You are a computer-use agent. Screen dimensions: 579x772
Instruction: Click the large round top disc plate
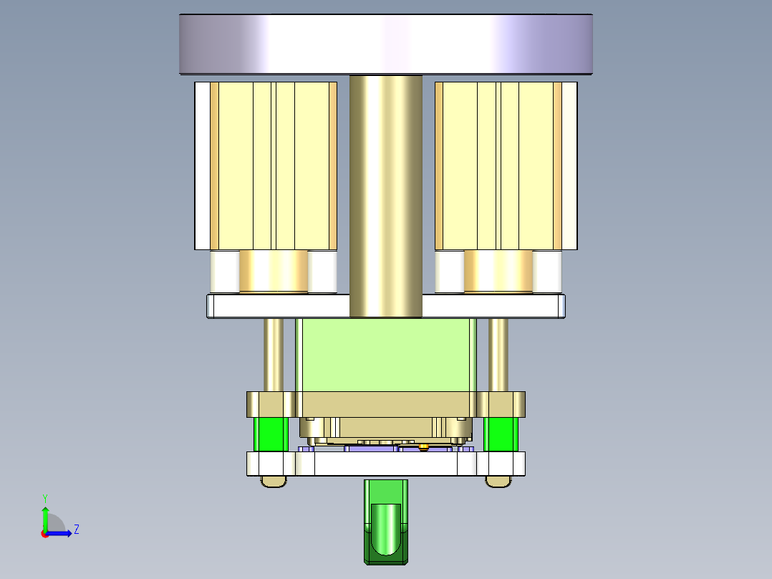[385, 44]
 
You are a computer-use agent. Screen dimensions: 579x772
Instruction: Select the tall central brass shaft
[385, 193]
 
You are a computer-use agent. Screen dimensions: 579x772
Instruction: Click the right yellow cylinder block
[498, 165]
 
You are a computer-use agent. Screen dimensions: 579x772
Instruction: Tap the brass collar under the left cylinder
[273, 271]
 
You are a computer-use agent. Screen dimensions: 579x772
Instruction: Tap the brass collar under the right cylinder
[498, 271]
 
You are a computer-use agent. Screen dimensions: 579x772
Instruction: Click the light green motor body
[385, 355]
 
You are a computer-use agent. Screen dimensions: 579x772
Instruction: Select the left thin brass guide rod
[274, 354]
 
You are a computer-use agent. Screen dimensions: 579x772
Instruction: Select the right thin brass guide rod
[498, 354]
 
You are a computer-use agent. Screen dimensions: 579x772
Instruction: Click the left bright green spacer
[271, 434]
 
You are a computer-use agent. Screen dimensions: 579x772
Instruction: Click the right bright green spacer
[501, 434]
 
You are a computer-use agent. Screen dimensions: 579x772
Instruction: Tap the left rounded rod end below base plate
[273, 482]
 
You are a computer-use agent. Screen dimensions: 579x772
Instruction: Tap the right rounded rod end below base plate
[499, 482]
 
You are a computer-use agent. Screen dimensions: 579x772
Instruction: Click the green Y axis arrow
[44, 515]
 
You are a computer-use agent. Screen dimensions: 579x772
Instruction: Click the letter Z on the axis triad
[76, 530]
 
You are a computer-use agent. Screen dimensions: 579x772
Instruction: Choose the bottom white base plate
[385, 464]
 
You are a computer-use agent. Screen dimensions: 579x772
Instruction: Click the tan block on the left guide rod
[271, 404]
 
